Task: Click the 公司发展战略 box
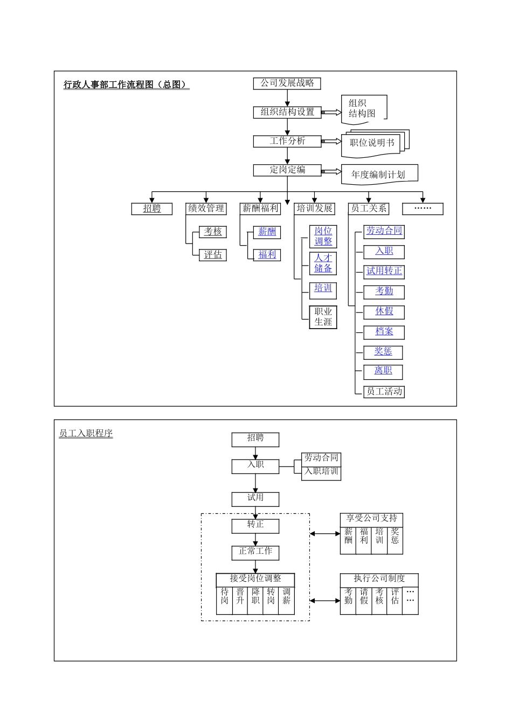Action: pyautogui.click(x=287, y=83)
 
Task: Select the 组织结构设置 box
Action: pyautogui.click(x=287, y=112)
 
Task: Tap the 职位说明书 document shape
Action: pyautogui.click(x=372, y=143)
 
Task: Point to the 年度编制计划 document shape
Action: pyautogui.click(x=378, y=175)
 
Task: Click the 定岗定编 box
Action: pyautogui.click(x=287, y=170)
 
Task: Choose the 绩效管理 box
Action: pyautogui.click(x=206, y=208)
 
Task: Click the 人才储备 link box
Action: pyautogui.click(x=323, y=263)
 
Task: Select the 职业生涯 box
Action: pyautogui.click(x=323, y=317)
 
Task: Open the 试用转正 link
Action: pyautogui.click(x=384, y=271)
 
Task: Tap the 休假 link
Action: pyautogui.click(x=384, y=311)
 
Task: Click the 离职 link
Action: pyautogui.click(x=383, y=371)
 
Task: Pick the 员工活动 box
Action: pyautogui.click(x=384, y=392)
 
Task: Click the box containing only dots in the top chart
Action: pyautogui.click(x=423, y=209)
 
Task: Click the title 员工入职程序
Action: pyautogui.click(x=86, y=434)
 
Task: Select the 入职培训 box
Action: pyautogui.click(x=321, y=472)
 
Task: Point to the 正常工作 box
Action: pyautogui.click(x=255, y=552)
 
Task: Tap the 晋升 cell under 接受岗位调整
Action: pyautogui.click(x=240, y=596)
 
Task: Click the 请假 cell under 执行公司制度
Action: pyautogui.click(x=364, y=596)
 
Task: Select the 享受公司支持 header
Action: pyautogui.click(x=371, y=519)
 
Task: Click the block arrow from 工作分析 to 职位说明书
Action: pyautogui.click(x=331, y=141)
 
